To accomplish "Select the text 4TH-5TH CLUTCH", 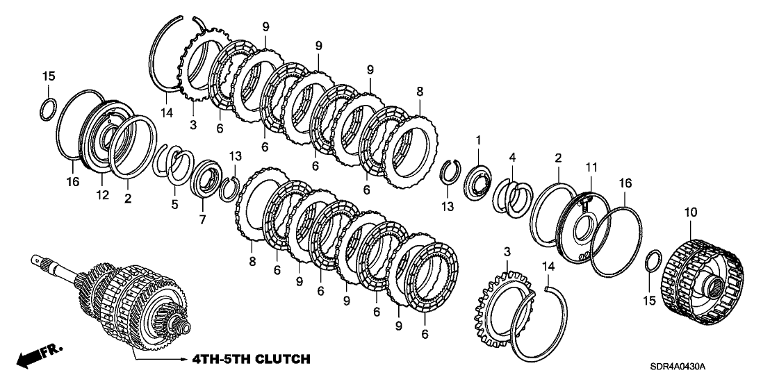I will [246, 359].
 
